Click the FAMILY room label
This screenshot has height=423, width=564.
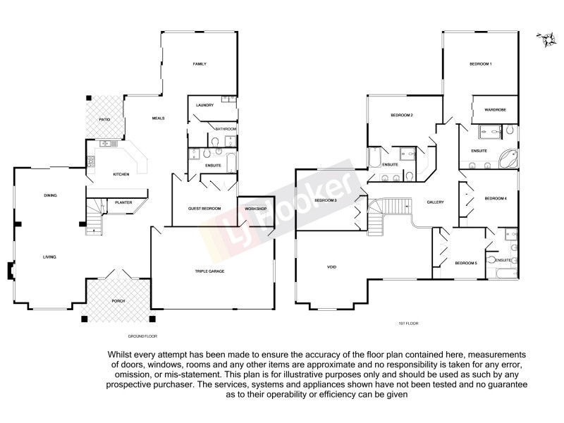coord(200,64)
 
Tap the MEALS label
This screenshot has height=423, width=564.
coord(158,118)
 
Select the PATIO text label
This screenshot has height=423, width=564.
coord(104,120)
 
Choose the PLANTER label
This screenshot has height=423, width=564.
coord(123,202)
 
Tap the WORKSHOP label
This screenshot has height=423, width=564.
coord(255,209)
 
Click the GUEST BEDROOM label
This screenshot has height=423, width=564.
coord(204,209)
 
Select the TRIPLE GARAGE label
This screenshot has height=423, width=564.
coord(209,271)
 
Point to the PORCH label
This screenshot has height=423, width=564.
coord(118,301)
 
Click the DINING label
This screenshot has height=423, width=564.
coord(50,195)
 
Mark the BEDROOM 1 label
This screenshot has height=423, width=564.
coord(480,64)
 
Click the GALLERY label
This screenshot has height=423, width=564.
coord(435,202)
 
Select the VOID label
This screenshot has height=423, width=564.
coord(331,267)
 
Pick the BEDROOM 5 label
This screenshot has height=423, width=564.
coord(466,263)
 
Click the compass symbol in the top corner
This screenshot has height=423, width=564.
coord(545,40)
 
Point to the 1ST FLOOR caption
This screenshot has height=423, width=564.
coord(408,323)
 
